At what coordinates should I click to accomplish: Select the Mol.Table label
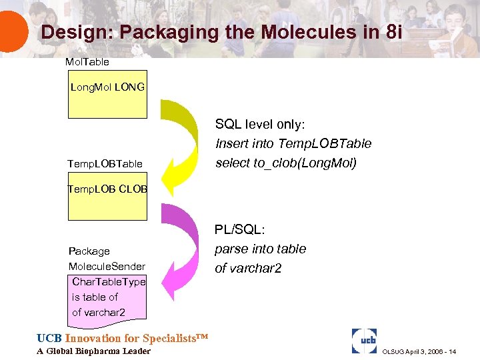click(87, 62)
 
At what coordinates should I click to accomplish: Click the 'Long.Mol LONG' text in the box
click(107, 87)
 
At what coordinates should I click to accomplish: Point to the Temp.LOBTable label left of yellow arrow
click(105, 163)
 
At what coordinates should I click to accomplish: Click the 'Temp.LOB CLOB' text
click(107, 189)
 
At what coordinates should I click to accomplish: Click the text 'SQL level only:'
click(259, 125)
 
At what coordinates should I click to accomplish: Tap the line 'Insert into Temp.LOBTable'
click(293, 143)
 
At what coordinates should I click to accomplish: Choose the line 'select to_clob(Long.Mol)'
click(285, 163)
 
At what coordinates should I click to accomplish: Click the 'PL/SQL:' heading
click(239, 230)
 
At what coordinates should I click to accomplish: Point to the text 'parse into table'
click(260, 249)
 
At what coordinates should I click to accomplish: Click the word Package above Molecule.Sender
click(89, 251)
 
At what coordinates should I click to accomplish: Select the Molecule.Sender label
click(107, 267)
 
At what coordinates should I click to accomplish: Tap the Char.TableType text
click(109, 282)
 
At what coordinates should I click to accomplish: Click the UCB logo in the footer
click(364, 340)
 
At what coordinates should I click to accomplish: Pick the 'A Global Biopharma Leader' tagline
click(93, 351)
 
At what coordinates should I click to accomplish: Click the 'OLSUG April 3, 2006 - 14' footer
click(420, 351)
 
